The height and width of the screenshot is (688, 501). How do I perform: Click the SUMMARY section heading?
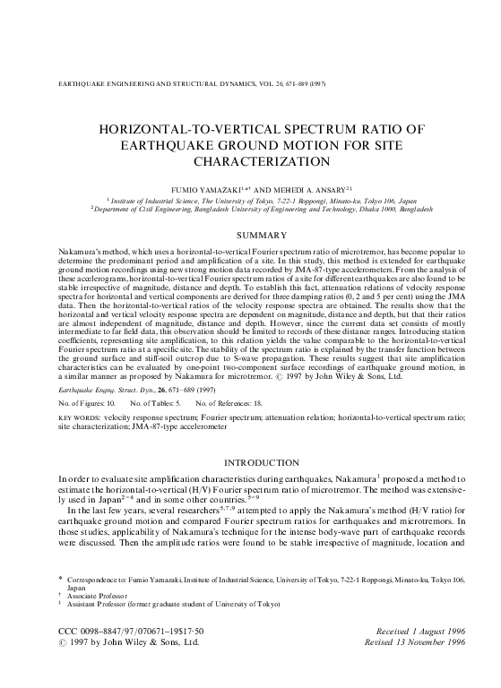point(250,234)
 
